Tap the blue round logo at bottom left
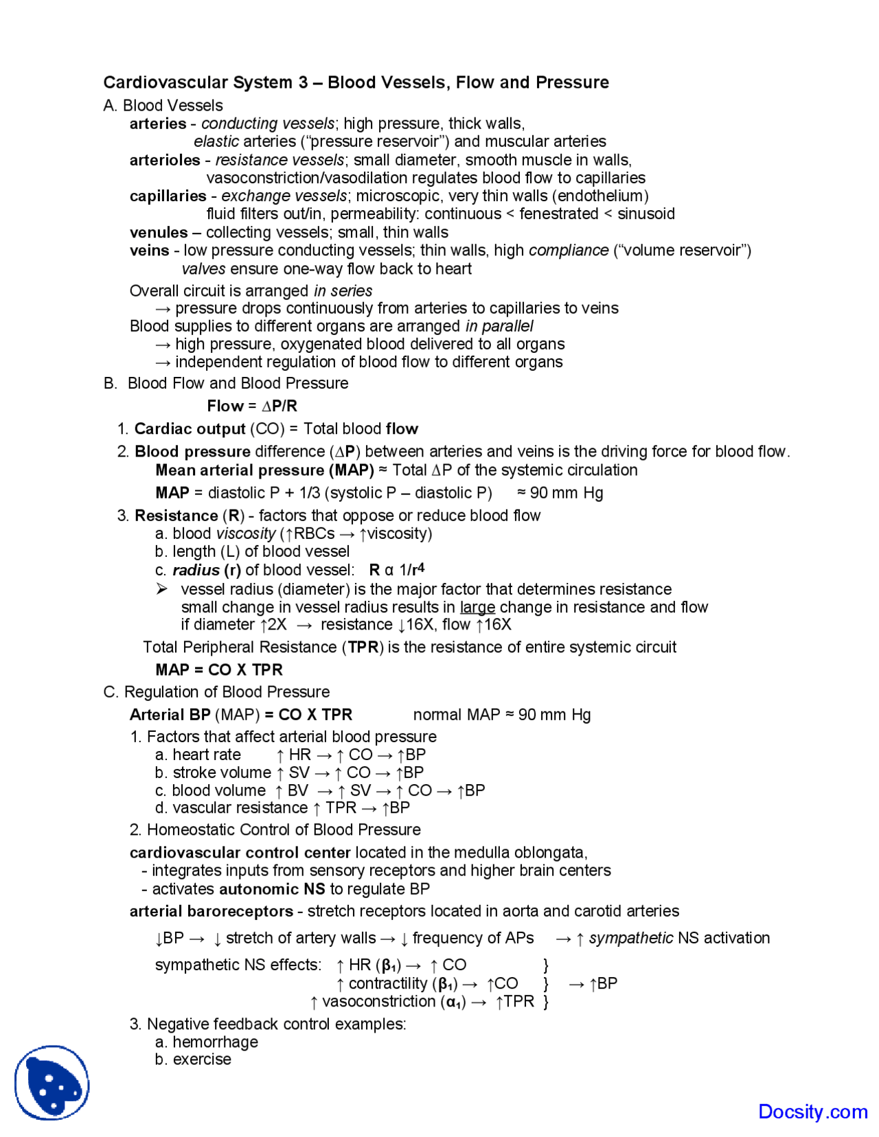52,1083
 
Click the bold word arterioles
165,160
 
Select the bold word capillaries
168,196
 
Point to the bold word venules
159,232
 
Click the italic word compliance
569,250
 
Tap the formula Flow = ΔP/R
252,406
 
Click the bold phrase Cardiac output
190,428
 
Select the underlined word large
477,607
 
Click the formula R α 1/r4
397,569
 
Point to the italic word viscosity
246,533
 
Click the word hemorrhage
215,1042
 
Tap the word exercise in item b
202,1059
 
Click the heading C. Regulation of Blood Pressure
216,691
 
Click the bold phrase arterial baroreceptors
211,911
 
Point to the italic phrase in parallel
499,325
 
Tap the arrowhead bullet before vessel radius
161,589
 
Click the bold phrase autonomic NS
272,889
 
